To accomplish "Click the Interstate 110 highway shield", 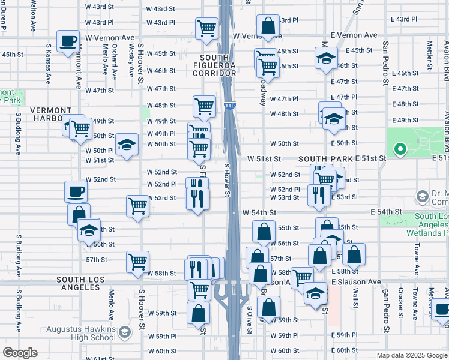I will coord(229,106).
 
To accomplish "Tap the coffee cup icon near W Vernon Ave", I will coord(68,41).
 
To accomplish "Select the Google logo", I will coord(21,352).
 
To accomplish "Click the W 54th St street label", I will coord(259,213).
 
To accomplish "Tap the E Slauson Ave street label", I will coord(356,282).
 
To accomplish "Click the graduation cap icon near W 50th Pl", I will coord(127,145).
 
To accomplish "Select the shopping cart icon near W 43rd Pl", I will coord(206,27).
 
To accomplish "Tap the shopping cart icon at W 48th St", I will coord(204,106).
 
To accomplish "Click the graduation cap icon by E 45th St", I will coord(325,58).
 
